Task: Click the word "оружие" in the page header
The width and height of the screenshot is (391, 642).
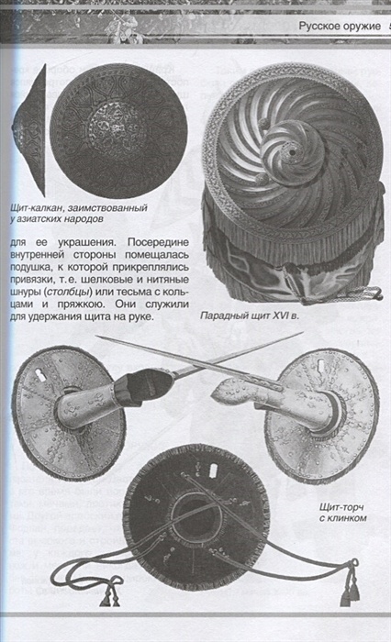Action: (x=361, y=27)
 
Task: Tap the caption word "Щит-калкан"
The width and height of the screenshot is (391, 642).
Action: (x=36, y=207)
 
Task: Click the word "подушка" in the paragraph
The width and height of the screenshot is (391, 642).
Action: (x=30, y=268)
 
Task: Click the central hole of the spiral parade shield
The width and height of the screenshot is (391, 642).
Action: (x=292, y=153)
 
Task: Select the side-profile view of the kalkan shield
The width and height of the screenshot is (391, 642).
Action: (x=29, y=130)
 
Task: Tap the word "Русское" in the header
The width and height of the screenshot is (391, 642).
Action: (x=318, y=27)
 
